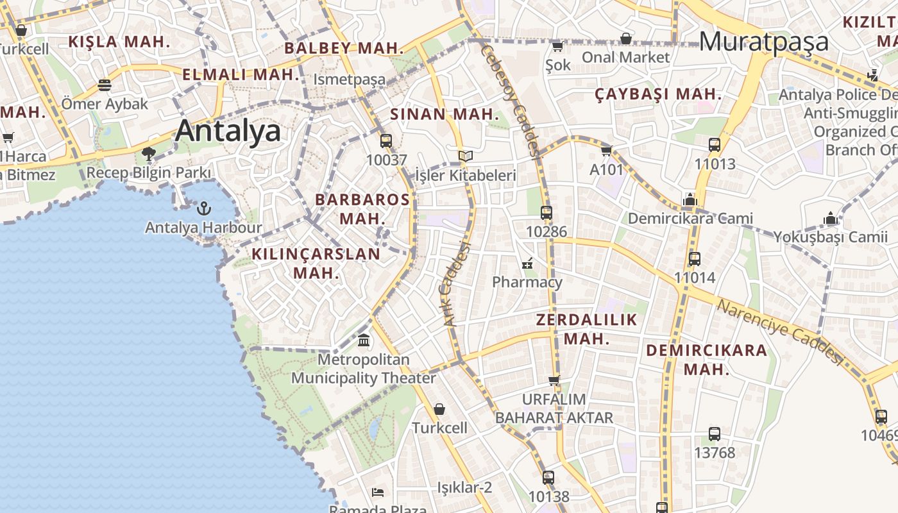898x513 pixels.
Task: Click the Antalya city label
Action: (228, 131)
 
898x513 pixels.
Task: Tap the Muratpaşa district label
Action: (763, 42)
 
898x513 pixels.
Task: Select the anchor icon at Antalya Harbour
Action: (203, 208)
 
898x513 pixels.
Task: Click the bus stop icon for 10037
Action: (386, 141)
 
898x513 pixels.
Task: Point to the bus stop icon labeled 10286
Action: (546, 212)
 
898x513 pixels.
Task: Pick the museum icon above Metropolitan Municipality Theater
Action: (364, 340)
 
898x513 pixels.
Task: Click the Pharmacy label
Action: (527, 282)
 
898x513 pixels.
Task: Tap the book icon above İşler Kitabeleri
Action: (466, 156)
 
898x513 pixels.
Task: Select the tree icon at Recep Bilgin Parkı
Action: (149, 154)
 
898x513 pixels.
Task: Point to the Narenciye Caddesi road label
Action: (779, 331)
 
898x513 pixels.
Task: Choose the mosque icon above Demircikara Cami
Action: (690, 199)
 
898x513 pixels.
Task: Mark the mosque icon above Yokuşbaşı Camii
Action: (831, 219)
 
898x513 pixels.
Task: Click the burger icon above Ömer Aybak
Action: (105, 85)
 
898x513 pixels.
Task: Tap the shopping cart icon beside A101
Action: (606, 151)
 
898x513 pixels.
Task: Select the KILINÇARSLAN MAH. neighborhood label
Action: (316, 263)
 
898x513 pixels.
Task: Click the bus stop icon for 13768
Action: (715, 434)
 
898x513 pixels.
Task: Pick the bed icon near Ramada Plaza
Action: (378, 492)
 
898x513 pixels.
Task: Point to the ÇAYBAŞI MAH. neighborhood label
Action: (658, 94)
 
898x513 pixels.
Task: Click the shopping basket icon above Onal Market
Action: (625, 38)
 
